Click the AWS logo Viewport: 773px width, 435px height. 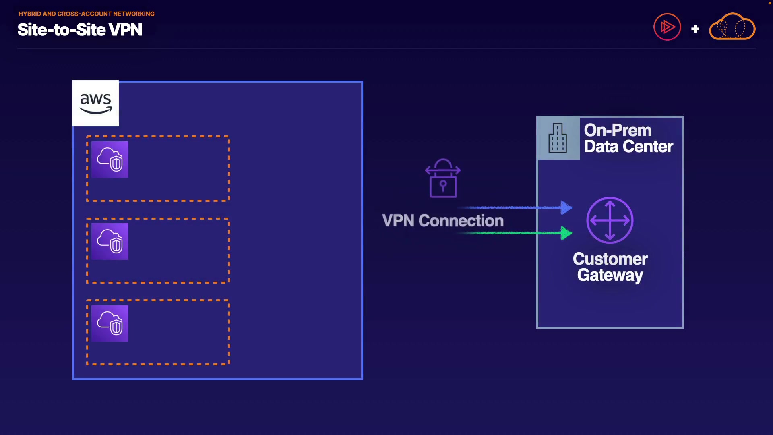95,103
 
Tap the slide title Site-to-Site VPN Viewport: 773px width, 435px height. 80,30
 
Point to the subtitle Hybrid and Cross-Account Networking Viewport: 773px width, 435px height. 86,14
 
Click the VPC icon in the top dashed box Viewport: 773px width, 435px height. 110,159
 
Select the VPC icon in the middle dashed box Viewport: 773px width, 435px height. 110,241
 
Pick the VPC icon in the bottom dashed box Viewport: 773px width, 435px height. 110,323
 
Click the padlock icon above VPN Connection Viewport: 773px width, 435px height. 443,178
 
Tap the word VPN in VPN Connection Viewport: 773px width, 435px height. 398,221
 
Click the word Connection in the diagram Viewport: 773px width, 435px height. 461,221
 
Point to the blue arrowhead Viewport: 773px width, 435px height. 566,207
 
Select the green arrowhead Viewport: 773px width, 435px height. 566,233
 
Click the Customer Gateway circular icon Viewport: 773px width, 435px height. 610,220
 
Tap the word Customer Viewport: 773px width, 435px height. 610,259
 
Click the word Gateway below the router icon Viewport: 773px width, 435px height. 610,275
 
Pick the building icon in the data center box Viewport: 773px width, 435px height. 558,138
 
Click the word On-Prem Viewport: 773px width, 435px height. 618,130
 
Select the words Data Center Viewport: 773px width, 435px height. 628,147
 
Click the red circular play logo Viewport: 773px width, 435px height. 667,27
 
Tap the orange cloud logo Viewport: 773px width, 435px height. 732,27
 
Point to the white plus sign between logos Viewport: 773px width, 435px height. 695,29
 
